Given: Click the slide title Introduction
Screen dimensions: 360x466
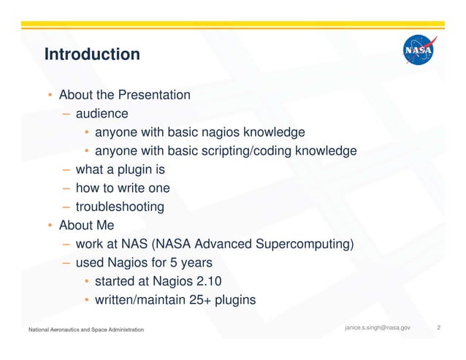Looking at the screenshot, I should pyautogui.click(x=91, y=55).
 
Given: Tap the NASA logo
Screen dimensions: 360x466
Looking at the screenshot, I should pyautogui.click(x=419, y=52).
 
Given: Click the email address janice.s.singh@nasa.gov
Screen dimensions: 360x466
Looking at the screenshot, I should pyautogui.click(x=377, y=328).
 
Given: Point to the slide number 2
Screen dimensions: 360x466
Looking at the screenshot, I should pyautogui.click(x=438, y=328).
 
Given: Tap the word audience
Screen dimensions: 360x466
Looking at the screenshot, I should pyautogui.click(x=102, y=114).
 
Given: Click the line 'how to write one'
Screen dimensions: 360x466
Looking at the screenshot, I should pyautogui.click(x=123, y=188).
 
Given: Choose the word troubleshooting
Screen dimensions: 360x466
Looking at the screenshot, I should pyautogui.click(x=120, y=207).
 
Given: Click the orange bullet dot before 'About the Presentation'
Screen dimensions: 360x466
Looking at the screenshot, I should pyautogui.click(x=49, y=96).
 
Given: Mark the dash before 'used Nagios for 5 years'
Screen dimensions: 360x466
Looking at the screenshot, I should pyautogui.click(x=66, y=262).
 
